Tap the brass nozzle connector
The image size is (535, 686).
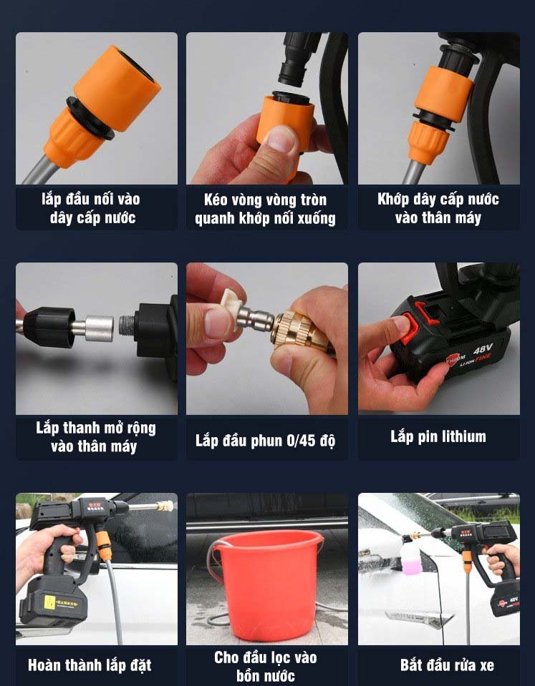tap(301, 330)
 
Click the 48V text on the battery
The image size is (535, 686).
tap(483, 349)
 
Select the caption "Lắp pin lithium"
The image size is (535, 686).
tap(438, 436)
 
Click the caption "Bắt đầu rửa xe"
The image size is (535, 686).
tap(447, 665)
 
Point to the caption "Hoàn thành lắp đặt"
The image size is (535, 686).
tap(90, 665)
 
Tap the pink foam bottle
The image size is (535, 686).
tap(412, 555)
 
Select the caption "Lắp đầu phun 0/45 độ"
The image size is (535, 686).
tap(266, 440)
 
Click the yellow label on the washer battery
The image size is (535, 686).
tap(50, 602)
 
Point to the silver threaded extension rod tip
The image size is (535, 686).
tap(127, 326)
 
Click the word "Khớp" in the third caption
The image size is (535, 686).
tap(393, 200)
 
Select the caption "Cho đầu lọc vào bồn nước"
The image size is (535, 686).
tap(265, 666)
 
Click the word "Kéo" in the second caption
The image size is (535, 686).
tap(215, 200)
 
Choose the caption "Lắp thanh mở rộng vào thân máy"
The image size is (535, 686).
tap(95, 437)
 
